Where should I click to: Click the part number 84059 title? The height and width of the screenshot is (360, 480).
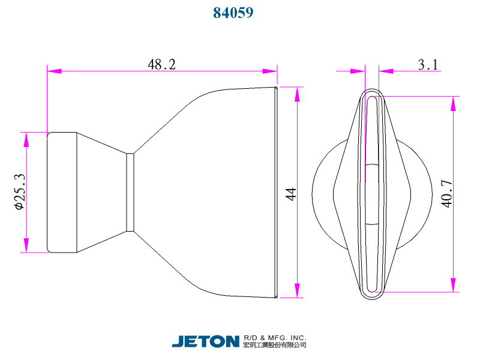(233, 13)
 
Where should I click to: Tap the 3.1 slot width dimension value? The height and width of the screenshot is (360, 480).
(428, 64)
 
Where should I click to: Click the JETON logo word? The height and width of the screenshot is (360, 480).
(205, 341)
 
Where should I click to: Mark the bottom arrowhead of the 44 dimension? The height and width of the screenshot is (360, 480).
(296, 290)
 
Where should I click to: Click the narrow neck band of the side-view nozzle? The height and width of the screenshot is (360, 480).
(130, 192)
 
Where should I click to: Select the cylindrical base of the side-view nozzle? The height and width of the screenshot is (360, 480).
(62, 192)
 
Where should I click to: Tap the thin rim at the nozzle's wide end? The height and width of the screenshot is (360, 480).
(276, 192)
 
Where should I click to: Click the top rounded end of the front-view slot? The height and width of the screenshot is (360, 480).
(372, 97)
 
